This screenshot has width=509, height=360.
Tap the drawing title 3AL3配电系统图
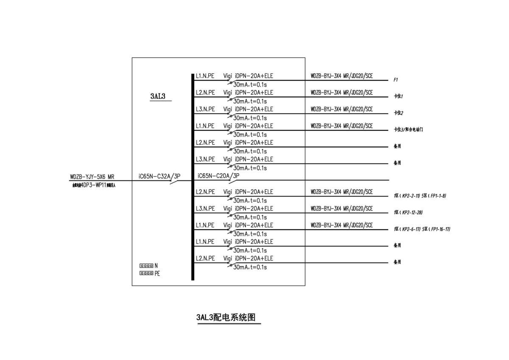[x=228, y=318]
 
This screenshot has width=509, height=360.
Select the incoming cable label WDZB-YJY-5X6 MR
[x=92, y=177]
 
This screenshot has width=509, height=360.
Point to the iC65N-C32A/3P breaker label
[x=159, y=176]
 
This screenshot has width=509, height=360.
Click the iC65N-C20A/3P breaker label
[x=218, y=176]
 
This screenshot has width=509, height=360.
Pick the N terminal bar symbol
[x=146, y=266]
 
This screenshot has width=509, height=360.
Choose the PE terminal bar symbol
[x=146, y=273]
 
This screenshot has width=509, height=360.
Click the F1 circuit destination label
[x=396, y=79]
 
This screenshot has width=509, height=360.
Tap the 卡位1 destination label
[x=398, y=96]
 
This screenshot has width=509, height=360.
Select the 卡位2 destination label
[x=398, y=113]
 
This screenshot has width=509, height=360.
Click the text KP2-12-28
[x=412, y=212]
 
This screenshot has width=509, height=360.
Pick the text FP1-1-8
[x=438, y=196]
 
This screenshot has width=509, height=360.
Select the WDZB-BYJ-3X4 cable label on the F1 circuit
[x=341, y=76]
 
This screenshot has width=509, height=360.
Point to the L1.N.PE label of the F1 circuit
[x=205, y=76]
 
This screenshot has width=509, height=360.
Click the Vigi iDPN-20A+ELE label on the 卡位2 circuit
[x=248, y=109]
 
